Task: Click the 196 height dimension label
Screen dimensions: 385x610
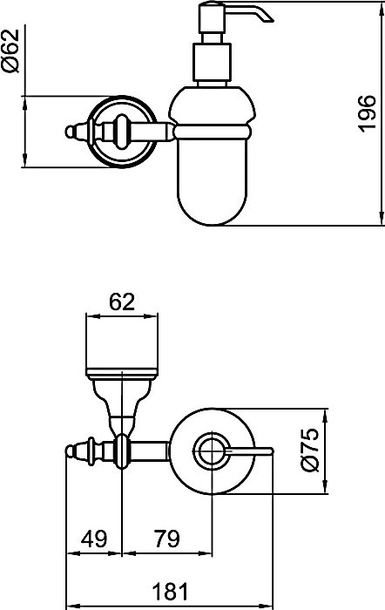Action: coord(368,113)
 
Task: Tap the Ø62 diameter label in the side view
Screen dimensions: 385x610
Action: coord(10,51)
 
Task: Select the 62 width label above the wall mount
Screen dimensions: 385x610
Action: coord(122,302)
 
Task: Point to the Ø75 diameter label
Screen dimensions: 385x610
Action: coord(310,451)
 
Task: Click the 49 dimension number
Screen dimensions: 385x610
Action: coord(94,539)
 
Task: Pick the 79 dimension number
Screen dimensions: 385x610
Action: coord(167,539)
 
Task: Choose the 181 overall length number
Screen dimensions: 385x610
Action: coord(170,592)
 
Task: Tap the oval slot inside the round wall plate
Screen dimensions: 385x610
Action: coord(122,132)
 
